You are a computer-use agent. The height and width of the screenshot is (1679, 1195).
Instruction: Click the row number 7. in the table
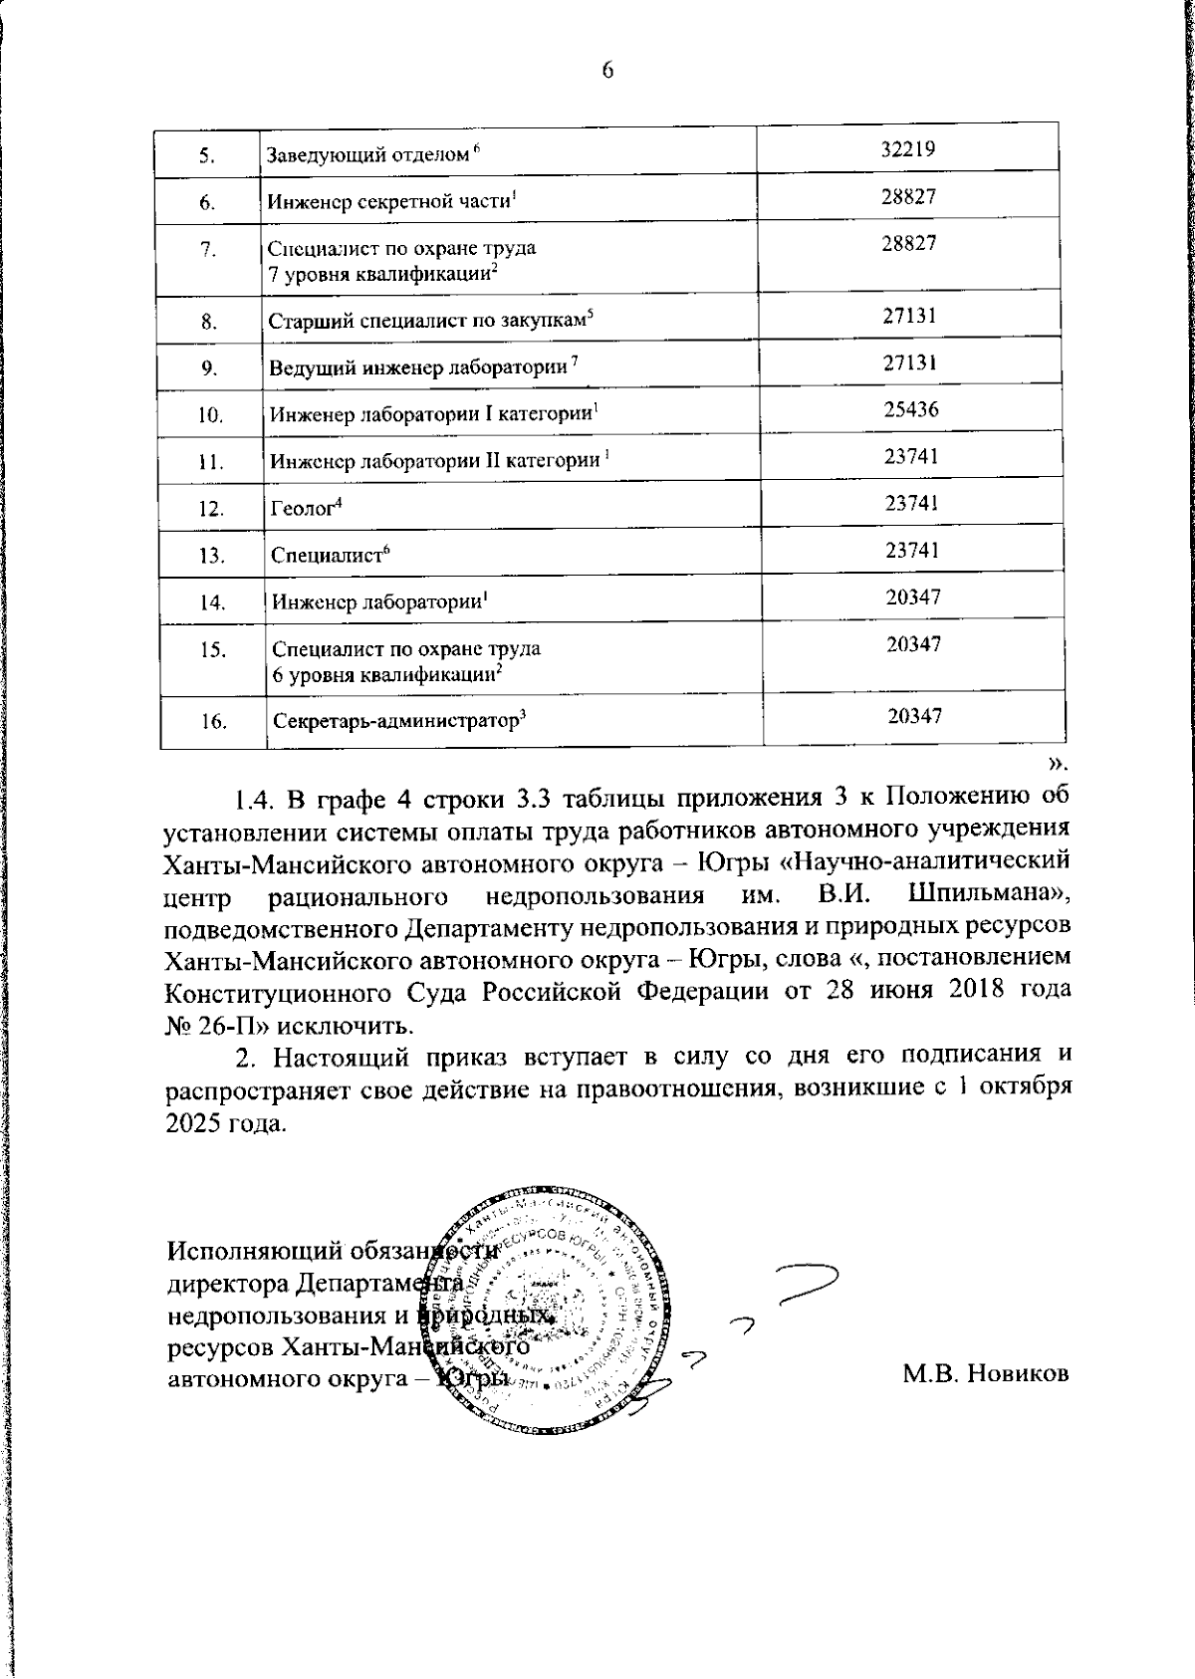(x=208, y=250)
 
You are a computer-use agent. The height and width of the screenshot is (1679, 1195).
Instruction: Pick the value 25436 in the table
(x=910, y=409)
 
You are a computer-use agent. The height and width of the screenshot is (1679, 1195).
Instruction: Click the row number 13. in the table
(x=211, y=556)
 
